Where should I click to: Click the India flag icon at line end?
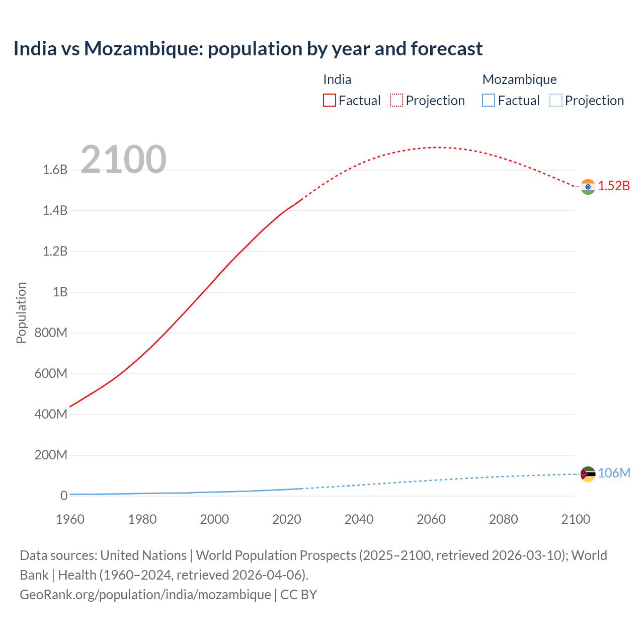(x=588, y=187)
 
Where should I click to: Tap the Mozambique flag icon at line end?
(x=588, y=474)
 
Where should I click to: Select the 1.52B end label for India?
(x=614, y=186)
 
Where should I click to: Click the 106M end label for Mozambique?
(x=614, y=473)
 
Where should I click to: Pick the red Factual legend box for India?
(x=329, y=101)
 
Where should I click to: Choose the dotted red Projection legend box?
(x=396, y=101)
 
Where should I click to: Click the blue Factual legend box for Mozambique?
(x=488, y=101)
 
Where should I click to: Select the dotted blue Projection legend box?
(x=555, y=101)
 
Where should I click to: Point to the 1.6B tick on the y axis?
(x=55, y=170)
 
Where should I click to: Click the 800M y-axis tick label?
(x=51, y=333)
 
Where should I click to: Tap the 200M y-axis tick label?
(x=51, y=455)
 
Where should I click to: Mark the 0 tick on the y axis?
(x=64, y=496)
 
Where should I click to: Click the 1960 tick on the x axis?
(x=70, y=519)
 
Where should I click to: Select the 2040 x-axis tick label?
(x=359, y=519)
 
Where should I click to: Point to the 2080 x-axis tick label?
(x=503, y=519)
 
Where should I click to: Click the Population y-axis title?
(x=21, y=313)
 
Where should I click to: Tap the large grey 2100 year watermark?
(x=123, y=159)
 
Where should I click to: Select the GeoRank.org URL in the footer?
(x=145, y=595)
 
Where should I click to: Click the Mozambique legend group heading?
(x=519, y=79)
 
